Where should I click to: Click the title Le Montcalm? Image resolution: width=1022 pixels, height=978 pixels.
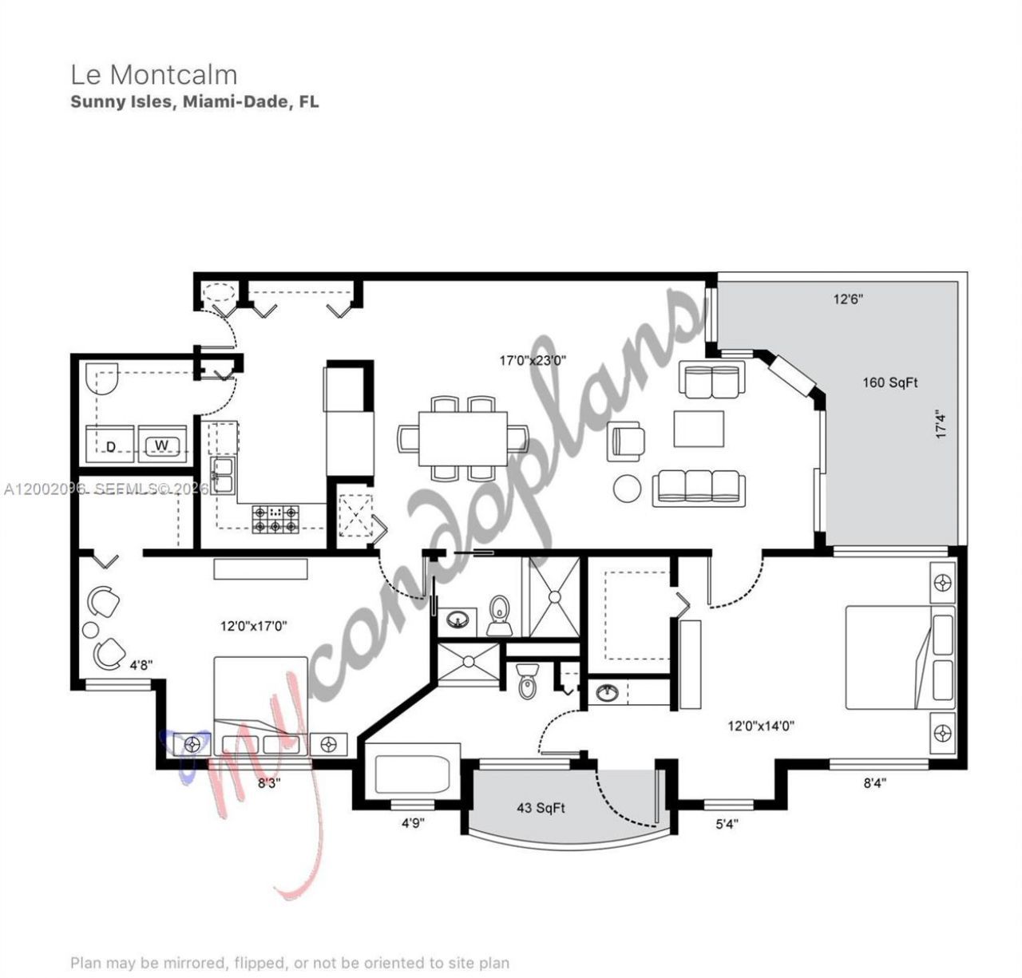pos(154,74)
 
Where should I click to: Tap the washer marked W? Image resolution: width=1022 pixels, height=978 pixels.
pos(162,445)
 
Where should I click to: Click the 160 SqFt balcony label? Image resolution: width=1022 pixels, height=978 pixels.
pos(889,382)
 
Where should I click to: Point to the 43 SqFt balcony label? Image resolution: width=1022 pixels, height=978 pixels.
pos(541,808)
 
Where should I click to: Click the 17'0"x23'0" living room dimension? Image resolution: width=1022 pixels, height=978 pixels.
pos(533,360)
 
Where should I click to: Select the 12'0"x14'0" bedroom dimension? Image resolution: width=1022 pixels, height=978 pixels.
pos(760,727)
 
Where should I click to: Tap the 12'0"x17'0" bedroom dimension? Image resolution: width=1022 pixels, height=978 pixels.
pos(254,627)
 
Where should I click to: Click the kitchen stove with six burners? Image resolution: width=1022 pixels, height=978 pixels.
pos(275,519)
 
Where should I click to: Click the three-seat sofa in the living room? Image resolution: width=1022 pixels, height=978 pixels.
pos(699,488)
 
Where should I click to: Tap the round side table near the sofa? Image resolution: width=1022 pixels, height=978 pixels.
pos(627,488)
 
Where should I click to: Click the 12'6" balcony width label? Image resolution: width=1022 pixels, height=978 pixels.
pos(848,299)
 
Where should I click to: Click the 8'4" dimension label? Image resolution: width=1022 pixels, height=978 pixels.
pos(874,784)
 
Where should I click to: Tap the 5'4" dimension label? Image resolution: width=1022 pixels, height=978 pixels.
pos(726,824)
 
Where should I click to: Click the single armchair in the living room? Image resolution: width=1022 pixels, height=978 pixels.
pos(628,441)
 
